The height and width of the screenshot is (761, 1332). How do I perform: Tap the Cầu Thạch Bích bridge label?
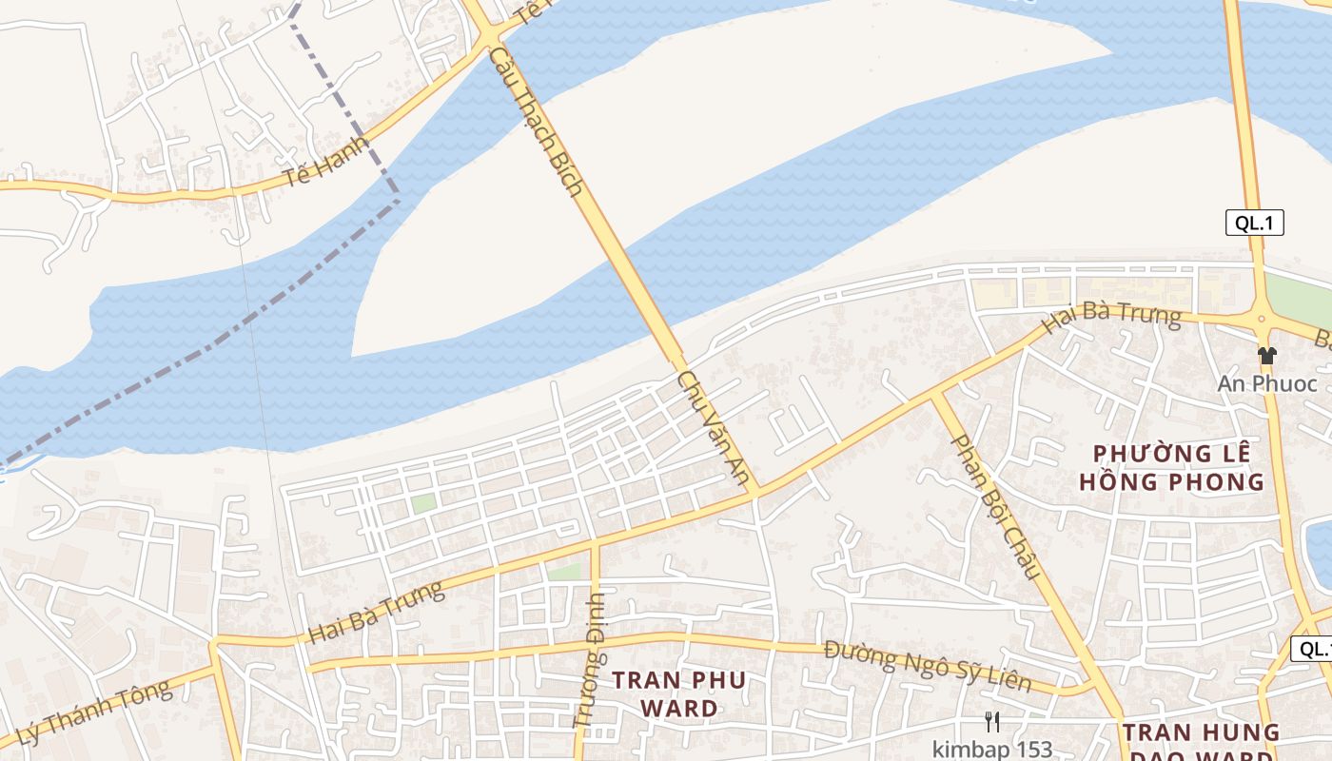point(537,121)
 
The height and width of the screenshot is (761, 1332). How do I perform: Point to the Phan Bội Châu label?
point(995,507)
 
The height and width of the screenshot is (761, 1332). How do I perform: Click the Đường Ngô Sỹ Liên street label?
point(928,667)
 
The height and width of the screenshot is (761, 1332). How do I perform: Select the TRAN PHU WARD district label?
point(679,694)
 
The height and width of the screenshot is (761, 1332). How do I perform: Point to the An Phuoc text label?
point(1267,384)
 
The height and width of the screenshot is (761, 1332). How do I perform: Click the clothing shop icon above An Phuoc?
point(1266,357)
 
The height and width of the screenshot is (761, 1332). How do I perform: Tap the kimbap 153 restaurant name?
point(992,749)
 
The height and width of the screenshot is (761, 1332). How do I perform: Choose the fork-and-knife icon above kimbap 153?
point(992,722)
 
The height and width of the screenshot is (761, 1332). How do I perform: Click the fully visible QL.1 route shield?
point(1254,224)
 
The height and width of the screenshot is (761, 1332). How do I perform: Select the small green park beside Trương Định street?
point(564,572)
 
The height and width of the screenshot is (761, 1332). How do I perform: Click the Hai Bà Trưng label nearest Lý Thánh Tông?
point(377,612)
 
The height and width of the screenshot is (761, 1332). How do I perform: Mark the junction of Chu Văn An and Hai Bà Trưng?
point(757,493)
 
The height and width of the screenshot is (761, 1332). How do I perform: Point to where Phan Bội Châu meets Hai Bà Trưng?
point(935,393)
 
